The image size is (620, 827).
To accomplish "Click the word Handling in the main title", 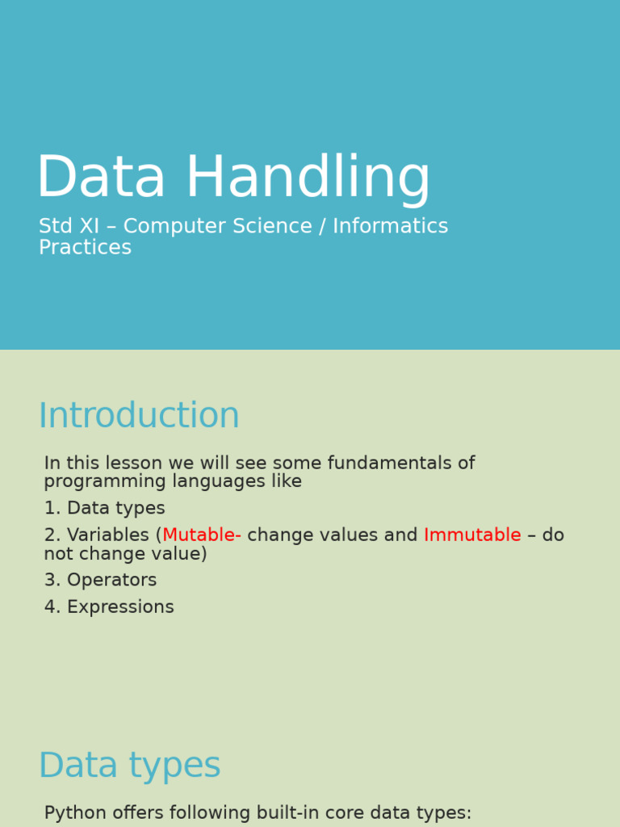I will click(x=308, y=178).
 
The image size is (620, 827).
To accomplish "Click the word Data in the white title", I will click(x=101, y=178).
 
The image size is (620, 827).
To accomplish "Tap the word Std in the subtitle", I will click(x=55, y=226).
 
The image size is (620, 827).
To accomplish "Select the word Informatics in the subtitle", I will click(x=390, y=226).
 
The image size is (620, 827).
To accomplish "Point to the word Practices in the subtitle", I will click(x=85, y=247).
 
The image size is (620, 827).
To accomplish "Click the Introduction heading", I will click(x=139, y=416).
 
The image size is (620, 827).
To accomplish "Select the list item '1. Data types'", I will click(x=104, y=509).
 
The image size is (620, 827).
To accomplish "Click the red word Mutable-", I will click(x=202, y=535).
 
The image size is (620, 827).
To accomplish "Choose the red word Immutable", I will click(x=472, y=535).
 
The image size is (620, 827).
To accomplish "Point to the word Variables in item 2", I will click(x=108, y=535).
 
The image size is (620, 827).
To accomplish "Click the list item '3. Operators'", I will click(x=100, y=581).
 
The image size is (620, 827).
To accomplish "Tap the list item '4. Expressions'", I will click(x=109, y=607).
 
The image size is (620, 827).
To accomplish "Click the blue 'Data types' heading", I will click(x=129, y=766).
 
